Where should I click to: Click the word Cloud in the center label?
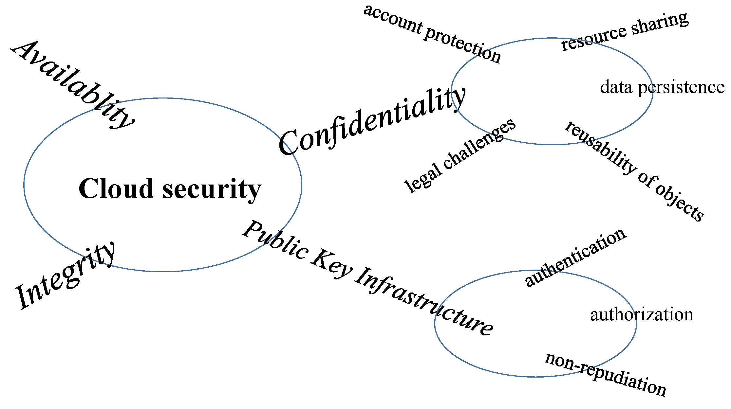click(x=116, y=189)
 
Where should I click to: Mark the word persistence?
click(x=681, y=88)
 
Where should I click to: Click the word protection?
click(x=462, y=44)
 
